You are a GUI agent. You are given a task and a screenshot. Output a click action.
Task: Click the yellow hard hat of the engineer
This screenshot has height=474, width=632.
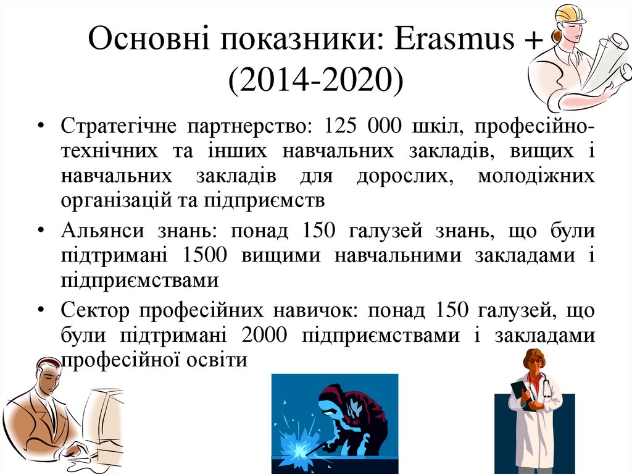point(572,14)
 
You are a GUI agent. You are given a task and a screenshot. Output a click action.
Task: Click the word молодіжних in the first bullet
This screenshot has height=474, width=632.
point(536,176)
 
